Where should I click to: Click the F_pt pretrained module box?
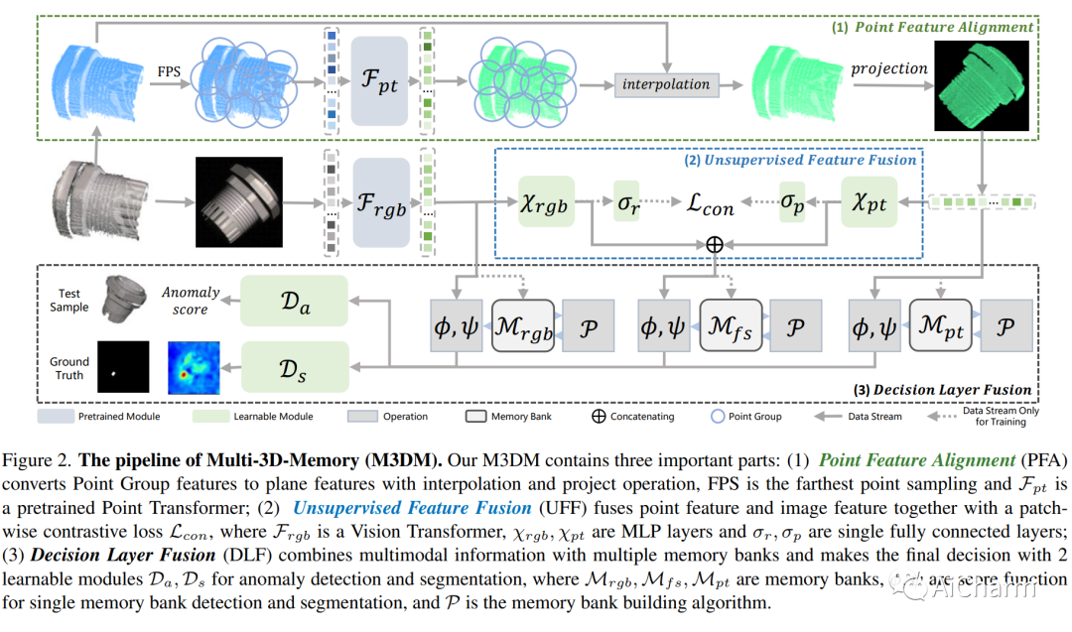[379, 81]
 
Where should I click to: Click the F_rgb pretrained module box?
[380, 205]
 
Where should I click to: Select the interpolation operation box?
[665, 84]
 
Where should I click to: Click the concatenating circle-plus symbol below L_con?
[712, 242]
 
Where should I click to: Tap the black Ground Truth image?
[123, 367]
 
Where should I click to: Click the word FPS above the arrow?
[169, 71]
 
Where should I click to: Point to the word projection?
[889, 68]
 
